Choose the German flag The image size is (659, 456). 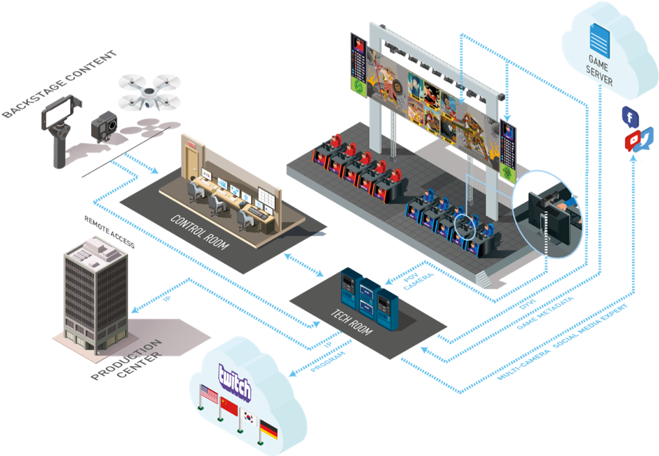click(268, 431)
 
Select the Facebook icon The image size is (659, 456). click(630, 118)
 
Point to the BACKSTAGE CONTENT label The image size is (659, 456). click(59, 83)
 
